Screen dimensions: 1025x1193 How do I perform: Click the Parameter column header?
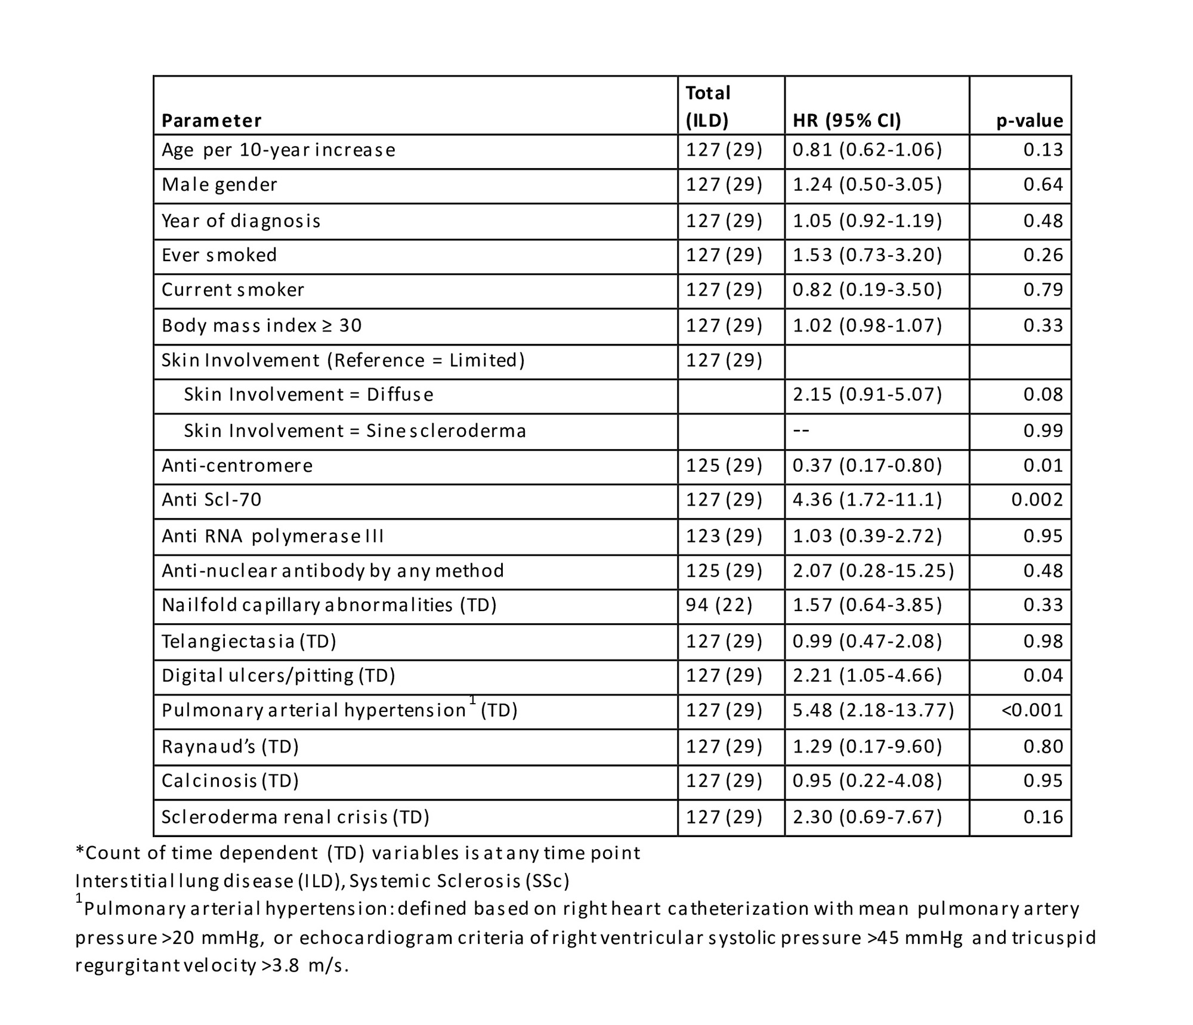211,120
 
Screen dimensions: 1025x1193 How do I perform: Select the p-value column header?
1030,120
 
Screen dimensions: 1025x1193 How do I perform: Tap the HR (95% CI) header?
846,120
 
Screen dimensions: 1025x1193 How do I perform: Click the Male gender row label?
220,185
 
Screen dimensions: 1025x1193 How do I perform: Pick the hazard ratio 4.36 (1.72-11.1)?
867,500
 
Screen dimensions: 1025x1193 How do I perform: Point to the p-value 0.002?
1037,500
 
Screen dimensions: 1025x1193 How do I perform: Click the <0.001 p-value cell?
1032,710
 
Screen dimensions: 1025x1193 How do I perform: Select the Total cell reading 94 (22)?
719,605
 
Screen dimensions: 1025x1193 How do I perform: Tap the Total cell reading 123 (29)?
724,536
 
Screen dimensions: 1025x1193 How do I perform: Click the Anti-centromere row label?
237,466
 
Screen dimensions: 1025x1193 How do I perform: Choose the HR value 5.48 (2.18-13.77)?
873,710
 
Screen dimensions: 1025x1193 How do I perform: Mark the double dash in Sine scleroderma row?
801,431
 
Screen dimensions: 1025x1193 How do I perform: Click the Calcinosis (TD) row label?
230,781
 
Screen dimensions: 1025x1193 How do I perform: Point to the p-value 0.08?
1043,395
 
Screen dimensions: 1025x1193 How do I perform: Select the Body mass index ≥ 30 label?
261,326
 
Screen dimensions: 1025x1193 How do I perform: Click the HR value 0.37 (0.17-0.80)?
867,466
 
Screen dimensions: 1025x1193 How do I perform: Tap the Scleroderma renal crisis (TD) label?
295,817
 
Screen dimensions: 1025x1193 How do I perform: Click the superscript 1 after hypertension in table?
472,701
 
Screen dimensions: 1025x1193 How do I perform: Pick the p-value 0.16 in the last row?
1043,817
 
